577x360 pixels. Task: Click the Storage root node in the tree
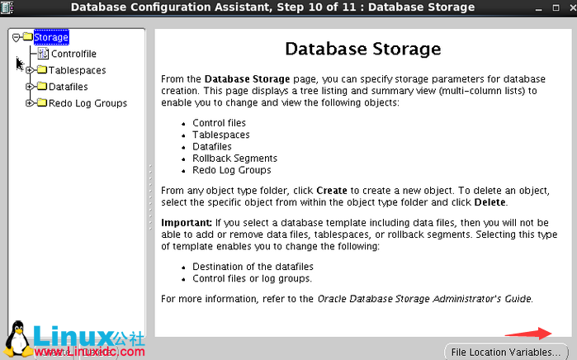(50, 37)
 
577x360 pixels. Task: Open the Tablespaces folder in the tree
(77, 70)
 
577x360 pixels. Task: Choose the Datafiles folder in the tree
(68, 87)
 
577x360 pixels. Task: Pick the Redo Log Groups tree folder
(87, 103)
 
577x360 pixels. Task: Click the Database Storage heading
(362, 49)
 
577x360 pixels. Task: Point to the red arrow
(528, 333)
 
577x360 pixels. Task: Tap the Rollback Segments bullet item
(234, 159)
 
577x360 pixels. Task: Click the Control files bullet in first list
(220, 123)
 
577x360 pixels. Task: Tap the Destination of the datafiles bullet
(253, 267)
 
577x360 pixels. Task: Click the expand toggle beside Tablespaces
(30, 70)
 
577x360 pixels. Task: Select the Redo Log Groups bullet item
(231, 170)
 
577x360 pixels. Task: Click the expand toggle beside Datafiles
(30, 87)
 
